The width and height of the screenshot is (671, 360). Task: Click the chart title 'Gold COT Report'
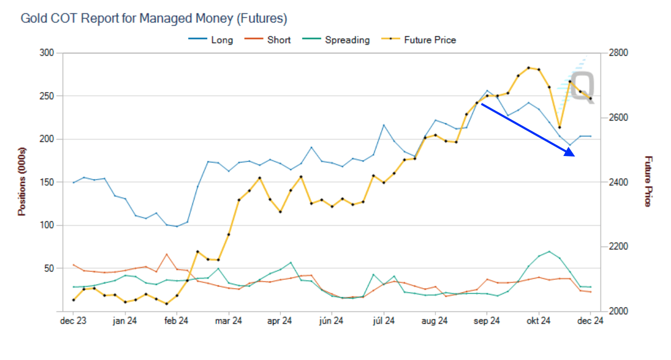[153, 19]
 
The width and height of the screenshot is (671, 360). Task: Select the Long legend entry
[221, 40]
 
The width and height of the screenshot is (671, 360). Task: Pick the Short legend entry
[278, 40]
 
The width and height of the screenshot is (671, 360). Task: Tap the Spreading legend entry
[347, 40]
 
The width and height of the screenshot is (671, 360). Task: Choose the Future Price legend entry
[430, 40]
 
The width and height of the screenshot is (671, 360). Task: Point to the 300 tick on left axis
[47, 53]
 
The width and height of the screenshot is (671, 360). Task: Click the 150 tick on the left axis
[47, 182]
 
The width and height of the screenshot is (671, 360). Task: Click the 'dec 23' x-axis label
[73, 321]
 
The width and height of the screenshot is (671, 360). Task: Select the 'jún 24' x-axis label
[332, 321]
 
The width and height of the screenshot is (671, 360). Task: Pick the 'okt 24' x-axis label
[539, 321]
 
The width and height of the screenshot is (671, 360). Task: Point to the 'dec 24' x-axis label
[590, 321]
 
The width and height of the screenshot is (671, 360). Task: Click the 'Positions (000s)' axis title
[22, 181]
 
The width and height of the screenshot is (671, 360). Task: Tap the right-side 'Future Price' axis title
[648, 181]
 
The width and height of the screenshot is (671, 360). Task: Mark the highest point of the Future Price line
[529, 67]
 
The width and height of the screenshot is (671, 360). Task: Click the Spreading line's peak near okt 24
[549, 251]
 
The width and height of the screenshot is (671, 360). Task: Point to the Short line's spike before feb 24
[167, 254]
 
